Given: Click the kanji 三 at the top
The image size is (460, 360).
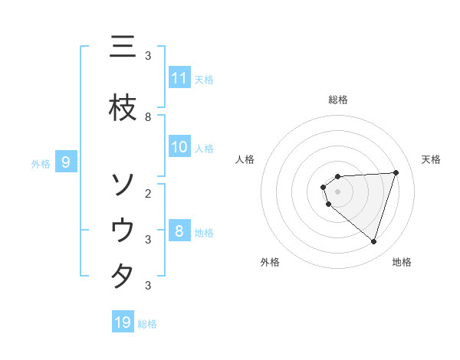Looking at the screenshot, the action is pyautogui.click(x=122, y=47).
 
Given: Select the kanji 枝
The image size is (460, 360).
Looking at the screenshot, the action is pyautogui.click(x=122, y=108).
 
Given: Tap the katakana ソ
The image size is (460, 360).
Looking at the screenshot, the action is pyautogui.click(x=122, y=185).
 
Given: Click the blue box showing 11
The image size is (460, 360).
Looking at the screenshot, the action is pyautogui.click(x=179, y=78).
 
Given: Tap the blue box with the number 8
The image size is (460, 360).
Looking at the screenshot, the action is pyautogui.click(x=179, y=231).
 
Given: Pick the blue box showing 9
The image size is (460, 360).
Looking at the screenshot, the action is pyautogui.click(x=67, y=162).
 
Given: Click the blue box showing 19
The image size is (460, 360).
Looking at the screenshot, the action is pyautogui.click(x=123, y=322).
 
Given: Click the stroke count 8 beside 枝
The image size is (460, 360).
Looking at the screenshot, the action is pyautogui.click(x=148, y=117).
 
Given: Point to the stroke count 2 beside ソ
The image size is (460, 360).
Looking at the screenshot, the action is pyautogui.click(x=148, y=193).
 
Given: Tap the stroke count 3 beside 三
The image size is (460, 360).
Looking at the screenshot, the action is pyautogui.click(x=148, y=56).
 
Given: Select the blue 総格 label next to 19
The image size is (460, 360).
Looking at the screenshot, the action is pyautogui.click(x=147, y=324).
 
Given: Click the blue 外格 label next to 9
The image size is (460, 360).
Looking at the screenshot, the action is pyautogui.click(x=41, y=163).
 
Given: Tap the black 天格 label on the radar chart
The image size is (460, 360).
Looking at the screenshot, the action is pyautogui.click(x=432, y=159).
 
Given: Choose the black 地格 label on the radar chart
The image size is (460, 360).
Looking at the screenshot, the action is pyautogui.click(x=402, y=262).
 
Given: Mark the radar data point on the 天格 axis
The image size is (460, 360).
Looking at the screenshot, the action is pyautogui.click(x=396, y=172).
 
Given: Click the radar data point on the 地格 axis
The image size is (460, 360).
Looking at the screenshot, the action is pyautogui.click(x=373, y=241).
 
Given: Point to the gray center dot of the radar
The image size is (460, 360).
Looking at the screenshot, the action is pyautogui.click(x=337, y=191).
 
